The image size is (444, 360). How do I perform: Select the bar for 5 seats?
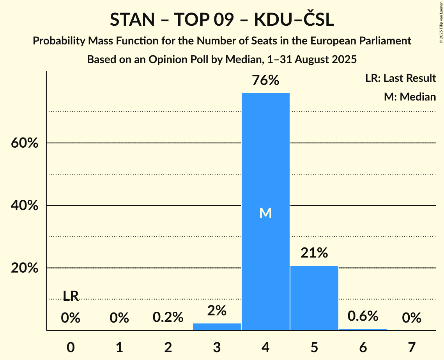click(314, 298)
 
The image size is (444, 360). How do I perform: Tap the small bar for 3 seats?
click(217, 326)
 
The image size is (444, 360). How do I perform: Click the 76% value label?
click(265, 81)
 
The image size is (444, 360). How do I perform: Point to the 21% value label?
click(314, 253)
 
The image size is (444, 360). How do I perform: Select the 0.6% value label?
click(363, 316)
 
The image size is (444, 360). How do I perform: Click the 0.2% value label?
click(168, 318)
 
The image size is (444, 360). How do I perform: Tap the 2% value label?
click(217, 311)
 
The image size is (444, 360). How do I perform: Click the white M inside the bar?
click(265, 213)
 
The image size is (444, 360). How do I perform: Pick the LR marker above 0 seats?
click(71, 296)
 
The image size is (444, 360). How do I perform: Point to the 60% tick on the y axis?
click(24, 143)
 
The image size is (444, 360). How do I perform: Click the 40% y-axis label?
click(24, 206)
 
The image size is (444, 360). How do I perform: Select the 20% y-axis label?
click(24, 268)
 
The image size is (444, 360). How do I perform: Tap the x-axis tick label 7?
click(412, 347)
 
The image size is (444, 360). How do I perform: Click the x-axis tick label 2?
click(168, 347)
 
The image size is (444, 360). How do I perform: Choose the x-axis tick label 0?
click(71, 347)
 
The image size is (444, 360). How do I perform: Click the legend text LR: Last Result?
click(400, 78)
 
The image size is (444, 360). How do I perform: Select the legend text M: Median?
click(410, 97)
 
